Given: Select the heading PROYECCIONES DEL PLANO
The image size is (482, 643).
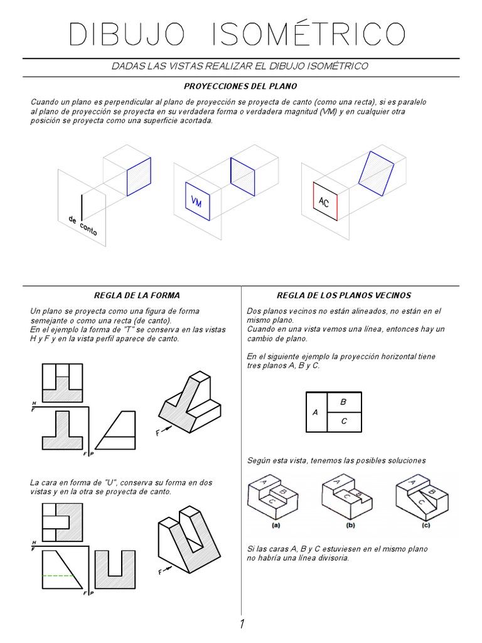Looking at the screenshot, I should [241, 85].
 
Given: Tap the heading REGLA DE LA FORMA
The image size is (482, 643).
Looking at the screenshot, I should [137, 295].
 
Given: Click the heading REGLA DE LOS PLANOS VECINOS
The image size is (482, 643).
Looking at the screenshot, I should [344, 295].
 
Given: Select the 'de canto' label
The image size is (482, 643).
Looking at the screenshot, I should [83, 225].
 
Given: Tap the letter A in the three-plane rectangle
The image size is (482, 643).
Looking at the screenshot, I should [315, 413].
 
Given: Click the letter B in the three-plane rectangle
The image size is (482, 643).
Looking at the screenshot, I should [343, 402].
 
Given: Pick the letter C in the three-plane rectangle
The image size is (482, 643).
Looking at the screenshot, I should [343, 422].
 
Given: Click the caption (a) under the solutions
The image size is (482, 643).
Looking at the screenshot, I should [276, 524].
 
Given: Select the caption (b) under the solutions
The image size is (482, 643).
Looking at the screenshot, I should [350, 524].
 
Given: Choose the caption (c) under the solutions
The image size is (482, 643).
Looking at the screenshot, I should [426, 524].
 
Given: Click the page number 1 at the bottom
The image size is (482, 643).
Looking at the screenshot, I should [241, 624].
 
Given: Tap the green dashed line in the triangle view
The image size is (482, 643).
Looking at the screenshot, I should [58, 575].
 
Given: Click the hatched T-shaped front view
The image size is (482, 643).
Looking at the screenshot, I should [62, 431].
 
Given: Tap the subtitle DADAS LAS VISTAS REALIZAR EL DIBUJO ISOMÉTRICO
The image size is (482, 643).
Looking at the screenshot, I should [241, 66].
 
